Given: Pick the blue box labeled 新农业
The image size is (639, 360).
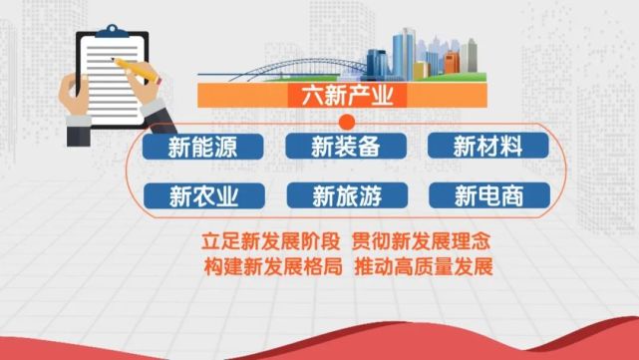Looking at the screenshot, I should pyautogui.click(x=202, y=194).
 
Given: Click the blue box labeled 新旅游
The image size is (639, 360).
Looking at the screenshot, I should pyautogui.click(x=346, y=194).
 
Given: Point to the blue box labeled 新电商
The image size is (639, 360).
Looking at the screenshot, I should pyautogui.click(x=488, y=194).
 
